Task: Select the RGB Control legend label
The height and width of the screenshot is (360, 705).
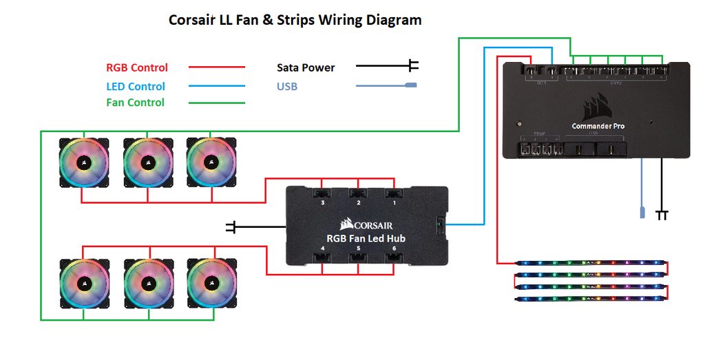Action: tap(137, 67)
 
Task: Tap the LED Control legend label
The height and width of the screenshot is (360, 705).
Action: tap(136, 86)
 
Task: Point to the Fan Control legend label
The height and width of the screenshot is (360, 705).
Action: tap(135, 103)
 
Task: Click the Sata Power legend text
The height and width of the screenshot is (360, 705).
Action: tap(306, 67)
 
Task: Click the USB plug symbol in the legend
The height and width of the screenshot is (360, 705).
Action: tap(410, 86)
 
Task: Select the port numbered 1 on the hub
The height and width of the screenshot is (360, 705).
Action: tap(393, 195)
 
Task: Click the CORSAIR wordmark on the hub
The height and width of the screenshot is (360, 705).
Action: tap(367, 224)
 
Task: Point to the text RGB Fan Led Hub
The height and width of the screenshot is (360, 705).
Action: tap(366, 238)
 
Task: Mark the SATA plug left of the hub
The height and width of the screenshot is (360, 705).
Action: tap(232, 226)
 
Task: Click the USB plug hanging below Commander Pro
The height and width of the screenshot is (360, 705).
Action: tap(642, 212)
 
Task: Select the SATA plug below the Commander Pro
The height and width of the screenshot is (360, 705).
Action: tap(662, 215)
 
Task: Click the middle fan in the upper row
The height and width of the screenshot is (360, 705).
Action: tap(147, 162)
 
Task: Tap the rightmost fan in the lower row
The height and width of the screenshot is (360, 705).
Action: tap(211, 283)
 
